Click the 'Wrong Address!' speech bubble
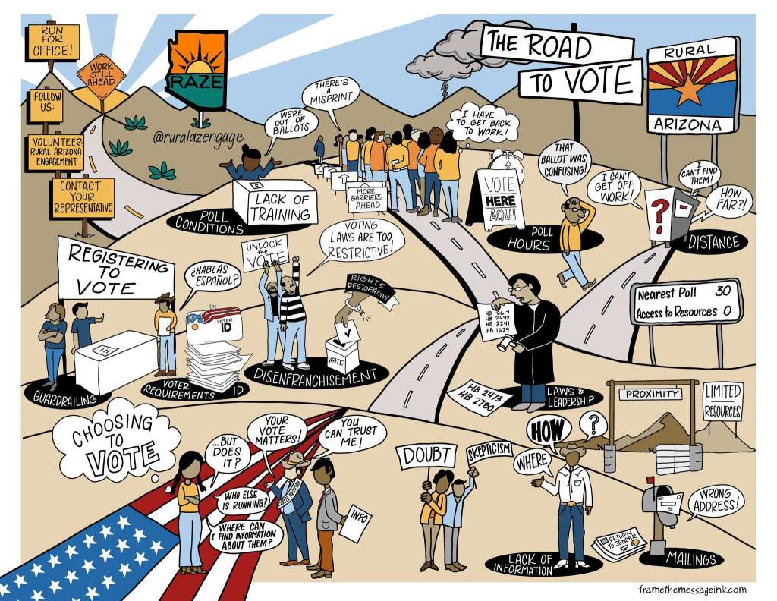715,499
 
